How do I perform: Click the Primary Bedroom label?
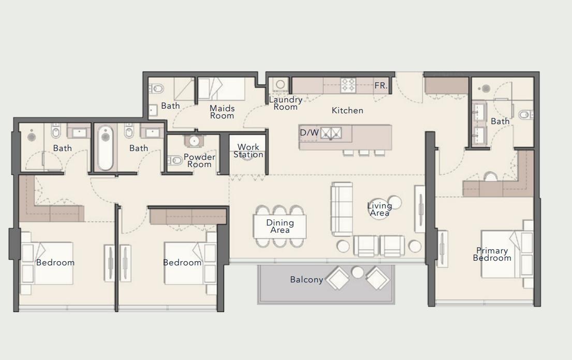point(491,254)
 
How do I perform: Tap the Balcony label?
point(306,279)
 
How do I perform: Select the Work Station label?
point(248,151)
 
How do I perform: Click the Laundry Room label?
point(285,103)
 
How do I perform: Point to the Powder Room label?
point(199,160)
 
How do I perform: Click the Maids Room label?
point(222,112)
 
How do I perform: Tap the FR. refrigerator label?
point(380,86)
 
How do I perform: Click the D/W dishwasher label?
point(309,133)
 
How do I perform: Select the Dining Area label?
point(280,227)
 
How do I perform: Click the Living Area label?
point(379,209)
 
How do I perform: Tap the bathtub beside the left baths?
point(105,147)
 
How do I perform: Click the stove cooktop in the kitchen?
point(348,85)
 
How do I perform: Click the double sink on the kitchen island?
point(330,133)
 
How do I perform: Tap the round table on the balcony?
point(358,272)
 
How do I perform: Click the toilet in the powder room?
point(175,161)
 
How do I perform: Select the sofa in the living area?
point(341,209)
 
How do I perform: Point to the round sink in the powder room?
point(195,141)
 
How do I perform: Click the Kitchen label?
point(347,110)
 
